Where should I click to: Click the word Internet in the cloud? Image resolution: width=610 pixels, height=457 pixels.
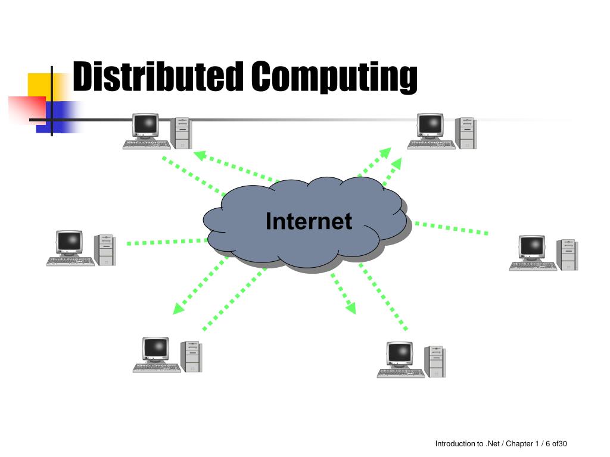(x=309, y=221)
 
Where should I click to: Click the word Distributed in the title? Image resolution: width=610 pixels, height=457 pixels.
(x=158, y=76)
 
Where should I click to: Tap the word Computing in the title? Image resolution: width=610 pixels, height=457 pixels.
(x=334, y=77)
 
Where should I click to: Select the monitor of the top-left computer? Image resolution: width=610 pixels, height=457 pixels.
(x=145, y=125)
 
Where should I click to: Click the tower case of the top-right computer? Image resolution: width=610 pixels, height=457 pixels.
(x=466, y=133)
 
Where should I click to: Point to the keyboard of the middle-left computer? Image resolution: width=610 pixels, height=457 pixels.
(x=70, y=261)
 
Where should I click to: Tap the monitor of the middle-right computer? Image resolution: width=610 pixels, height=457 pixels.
(x=532, y=247)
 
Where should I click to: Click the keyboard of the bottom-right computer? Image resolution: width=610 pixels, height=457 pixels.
(x=401, y=373)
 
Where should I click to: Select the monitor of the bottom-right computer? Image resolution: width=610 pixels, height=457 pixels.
(x=400, y=354)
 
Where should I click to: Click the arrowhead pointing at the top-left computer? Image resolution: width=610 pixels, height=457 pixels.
(x=200, y=155)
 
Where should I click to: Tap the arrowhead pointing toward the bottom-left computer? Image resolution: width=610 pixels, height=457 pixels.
(x=178, y=309)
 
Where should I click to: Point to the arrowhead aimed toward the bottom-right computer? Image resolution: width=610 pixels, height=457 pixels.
(x=351, y=308)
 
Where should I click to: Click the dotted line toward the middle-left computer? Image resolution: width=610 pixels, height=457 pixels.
(x=167, y=242)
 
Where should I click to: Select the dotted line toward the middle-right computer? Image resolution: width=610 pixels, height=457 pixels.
(x=452, y=228)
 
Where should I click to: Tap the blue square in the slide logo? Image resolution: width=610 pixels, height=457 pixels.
(x=54, y=117)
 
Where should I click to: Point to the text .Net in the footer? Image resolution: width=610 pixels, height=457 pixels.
(x=493, y=443)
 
